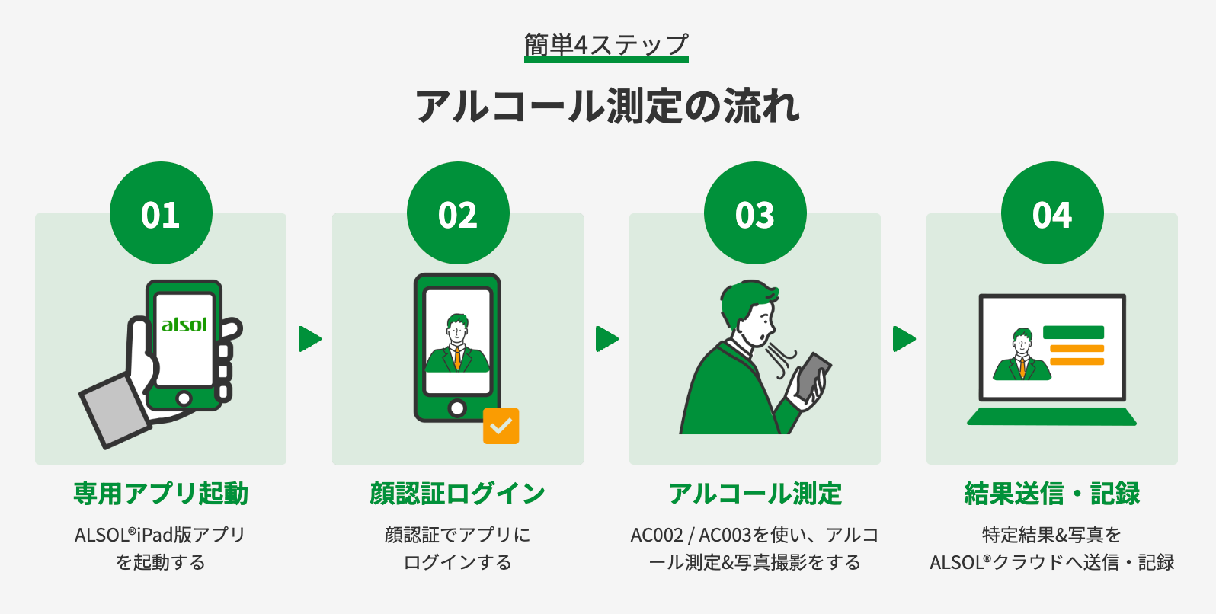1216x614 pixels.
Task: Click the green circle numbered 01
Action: coord(161,213)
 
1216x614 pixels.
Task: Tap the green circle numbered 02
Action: coord(458,213)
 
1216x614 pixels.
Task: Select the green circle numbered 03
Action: coord(755,213)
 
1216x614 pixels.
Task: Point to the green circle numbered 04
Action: coord(1052,213)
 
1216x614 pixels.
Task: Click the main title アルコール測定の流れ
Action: coord(607,106)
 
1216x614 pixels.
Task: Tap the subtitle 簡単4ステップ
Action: coord(606,45)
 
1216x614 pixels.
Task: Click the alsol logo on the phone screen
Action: coord(184,325)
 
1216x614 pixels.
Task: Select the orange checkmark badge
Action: coord(501,426)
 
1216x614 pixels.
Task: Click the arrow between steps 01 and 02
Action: coord(309,339)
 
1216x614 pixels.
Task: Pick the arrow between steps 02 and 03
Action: coord(606,339)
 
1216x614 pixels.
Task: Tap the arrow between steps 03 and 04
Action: coord(904,339)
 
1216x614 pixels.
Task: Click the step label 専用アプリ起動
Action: coord(161,494)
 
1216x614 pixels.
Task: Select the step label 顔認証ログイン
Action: coord(458,494)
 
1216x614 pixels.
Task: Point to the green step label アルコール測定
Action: coord(755,494)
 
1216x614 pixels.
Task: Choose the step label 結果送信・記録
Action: coord(1052,494)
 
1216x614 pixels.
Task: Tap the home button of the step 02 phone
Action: coord(457,408)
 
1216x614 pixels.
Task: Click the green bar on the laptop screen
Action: coord(1073,332)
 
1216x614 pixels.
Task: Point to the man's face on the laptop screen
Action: coord(1022,345)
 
